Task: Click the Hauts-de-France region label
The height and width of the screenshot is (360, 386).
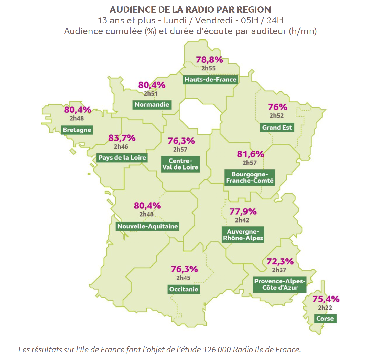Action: coord(210,79)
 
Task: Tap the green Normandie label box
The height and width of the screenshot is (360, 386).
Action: coord(152,104)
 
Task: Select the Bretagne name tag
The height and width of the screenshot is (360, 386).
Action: coord(77,130)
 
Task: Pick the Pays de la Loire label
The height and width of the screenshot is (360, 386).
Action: coord(122,157)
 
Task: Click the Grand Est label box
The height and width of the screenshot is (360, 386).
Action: coord(277,128)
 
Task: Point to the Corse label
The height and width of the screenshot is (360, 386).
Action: coord(325,319)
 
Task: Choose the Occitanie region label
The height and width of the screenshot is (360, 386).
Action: coord(184,289)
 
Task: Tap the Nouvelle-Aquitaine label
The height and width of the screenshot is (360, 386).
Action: coord(147,226)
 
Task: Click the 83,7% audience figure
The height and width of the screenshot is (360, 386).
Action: coord(122,138)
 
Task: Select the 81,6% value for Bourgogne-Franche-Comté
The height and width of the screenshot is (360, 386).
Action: coord(250,154)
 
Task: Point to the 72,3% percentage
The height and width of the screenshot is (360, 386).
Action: coord(280,261)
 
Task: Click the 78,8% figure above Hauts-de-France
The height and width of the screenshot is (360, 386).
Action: coord(209,60)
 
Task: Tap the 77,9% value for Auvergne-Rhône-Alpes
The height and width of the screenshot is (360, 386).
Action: coord(243,211)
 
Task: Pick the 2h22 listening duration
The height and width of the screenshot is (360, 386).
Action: coord(325,308)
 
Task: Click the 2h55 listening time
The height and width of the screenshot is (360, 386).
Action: coord(208,68)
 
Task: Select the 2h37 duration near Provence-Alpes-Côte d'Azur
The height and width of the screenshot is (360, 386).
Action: coord(279,270)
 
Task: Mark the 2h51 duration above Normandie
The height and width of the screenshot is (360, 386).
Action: coord(151,94)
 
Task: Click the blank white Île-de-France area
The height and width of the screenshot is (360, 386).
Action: coord(200,117)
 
